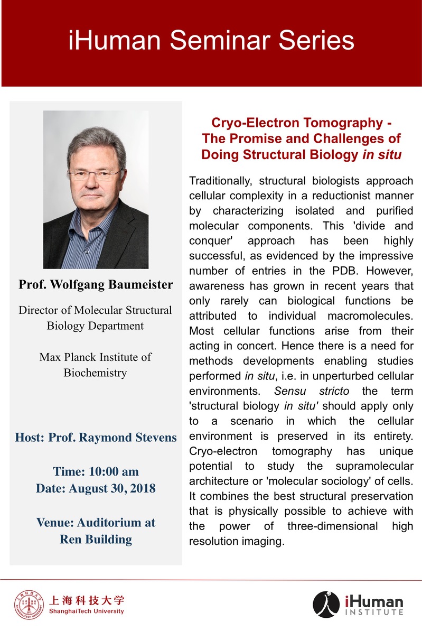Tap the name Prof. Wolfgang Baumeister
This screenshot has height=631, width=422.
pos(96,285)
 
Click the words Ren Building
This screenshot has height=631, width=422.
pos(96,539)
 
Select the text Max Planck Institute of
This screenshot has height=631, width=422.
pos(96,357)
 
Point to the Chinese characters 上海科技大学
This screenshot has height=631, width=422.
pos(87,600)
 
